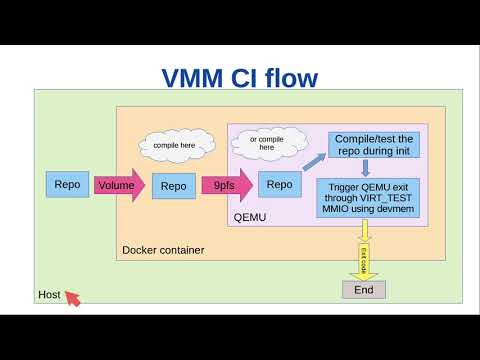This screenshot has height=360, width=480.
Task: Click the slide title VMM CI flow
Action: point(240,77)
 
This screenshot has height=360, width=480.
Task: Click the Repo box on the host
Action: point(67,184)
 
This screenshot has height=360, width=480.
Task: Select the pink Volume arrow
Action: point(119,185)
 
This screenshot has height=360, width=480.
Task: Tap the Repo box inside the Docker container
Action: point(174,185)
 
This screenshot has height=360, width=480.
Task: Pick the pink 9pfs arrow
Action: point(226,185)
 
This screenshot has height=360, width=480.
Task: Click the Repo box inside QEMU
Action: point(280,184)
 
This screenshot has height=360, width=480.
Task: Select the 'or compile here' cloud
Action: point(266,142)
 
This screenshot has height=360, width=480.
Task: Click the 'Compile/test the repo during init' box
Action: point(371,144)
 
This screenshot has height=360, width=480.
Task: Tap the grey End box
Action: point(363,290)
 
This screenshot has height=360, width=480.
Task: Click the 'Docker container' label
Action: point(163,249)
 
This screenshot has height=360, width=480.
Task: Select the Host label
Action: point(49,295)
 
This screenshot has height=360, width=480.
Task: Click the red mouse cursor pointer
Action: point(72,298)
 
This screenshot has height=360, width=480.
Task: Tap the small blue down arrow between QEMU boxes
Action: point(365,168)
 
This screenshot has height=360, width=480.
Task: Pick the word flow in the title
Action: point(290,77)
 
